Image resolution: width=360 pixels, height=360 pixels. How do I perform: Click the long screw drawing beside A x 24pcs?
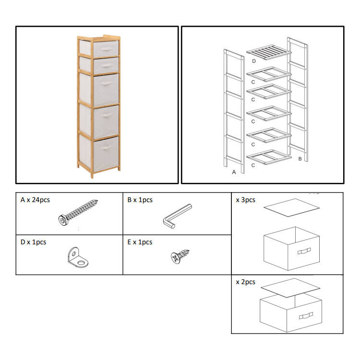coord(78,212)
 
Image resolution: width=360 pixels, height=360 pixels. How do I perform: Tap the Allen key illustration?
coord(177,216)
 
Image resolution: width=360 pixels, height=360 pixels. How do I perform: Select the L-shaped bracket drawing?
coord(78,257)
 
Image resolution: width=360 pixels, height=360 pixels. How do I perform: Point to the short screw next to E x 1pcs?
coord(180,256)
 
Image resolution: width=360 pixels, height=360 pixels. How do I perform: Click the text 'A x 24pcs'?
coord(35,200)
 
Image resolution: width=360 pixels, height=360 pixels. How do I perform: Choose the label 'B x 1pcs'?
coord(140,200)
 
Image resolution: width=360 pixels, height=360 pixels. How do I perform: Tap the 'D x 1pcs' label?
coord(33,242)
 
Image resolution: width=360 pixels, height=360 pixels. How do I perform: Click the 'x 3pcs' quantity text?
coord(245,200)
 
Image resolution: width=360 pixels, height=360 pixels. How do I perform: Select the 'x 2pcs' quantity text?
coord(245,282)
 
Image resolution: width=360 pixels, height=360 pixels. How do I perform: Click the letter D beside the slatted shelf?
coord(254,61)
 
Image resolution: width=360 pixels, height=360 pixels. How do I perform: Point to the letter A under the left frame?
coord(234,172)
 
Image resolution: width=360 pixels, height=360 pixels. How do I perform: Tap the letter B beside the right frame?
coord(300,159)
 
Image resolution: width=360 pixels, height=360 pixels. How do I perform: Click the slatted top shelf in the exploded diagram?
coord(269,52)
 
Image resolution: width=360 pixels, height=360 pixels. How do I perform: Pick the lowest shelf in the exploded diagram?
coord(269,157)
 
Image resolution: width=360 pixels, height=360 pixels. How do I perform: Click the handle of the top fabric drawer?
coord(107,49)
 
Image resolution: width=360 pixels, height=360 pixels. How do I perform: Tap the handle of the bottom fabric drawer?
coord(106,148)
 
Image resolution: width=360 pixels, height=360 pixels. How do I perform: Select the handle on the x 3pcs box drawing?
coord(304,251)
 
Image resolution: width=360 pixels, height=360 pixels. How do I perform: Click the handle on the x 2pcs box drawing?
coord(306,316)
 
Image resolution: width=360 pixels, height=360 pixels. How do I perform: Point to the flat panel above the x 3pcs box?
coord(291,207)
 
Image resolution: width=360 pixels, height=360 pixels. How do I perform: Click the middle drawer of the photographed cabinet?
coord(99,90)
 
